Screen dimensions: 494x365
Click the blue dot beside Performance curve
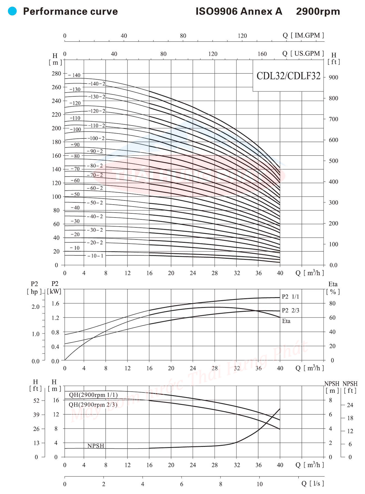tap(12, 11)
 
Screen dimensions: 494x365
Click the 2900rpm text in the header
tap(318, 12)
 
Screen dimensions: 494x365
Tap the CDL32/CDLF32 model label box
tap(288, 76)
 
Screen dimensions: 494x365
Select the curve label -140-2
tap(97, 84)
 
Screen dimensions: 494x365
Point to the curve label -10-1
tap(95, 256)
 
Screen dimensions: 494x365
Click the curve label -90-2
tap(95, 151)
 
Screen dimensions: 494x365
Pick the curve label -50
tap(75, 194)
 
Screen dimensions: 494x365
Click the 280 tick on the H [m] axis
tap(56, 73)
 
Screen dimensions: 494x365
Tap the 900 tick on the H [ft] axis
tap(333, 77)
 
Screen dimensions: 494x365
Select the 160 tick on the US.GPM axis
tap(262, 54)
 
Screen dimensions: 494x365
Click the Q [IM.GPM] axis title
tap(303, 35)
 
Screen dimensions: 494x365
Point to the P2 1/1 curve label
tap(290, 297)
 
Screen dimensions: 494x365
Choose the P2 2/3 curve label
tap(290, 310)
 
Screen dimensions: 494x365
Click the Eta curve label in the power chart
tap(286, 321)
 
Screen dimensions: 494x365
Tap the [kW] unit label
tap(54, 291)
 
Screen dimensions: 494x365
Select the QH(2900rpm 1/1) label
tap(93, 395)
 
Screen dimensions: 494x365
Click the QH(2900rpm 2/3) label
tap(93, 405)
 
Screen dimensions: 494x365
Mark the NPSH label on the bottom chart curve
tap(96, 446)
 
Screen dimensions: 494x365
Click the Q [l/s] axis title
tap(313, 483)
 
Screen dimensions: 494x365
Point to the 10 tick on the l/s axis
tap(259, 484)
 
